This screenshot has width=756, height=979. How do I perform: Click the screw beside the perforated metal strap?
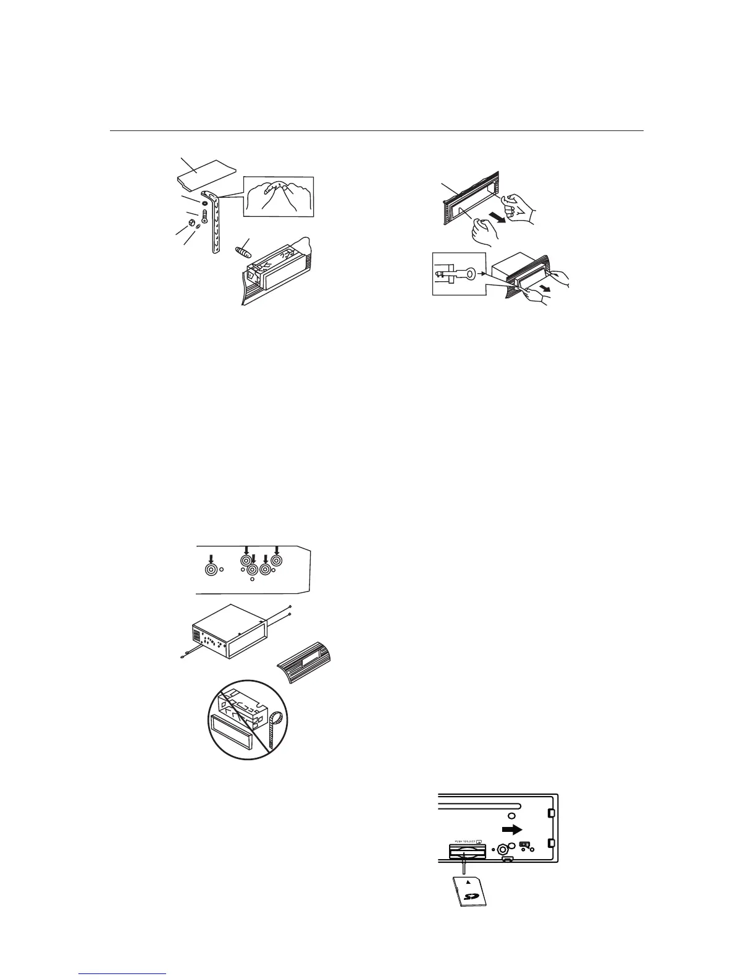click(x=204, y=218)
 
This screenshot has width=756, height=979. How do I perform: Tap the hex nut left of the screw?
click(x=191, y=220)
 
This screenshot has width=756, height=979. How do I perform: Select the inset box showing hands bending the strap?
click(x=279, y=197)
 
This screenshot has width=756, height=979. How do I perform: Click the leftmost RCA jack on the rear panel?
click(x=212, y=569)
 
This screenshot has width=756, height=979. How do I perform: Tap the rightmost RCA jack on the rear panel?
click(x=276, y=561)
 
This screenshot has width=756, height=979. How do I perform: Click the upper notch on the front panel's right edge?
click(x=552, y=812)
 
